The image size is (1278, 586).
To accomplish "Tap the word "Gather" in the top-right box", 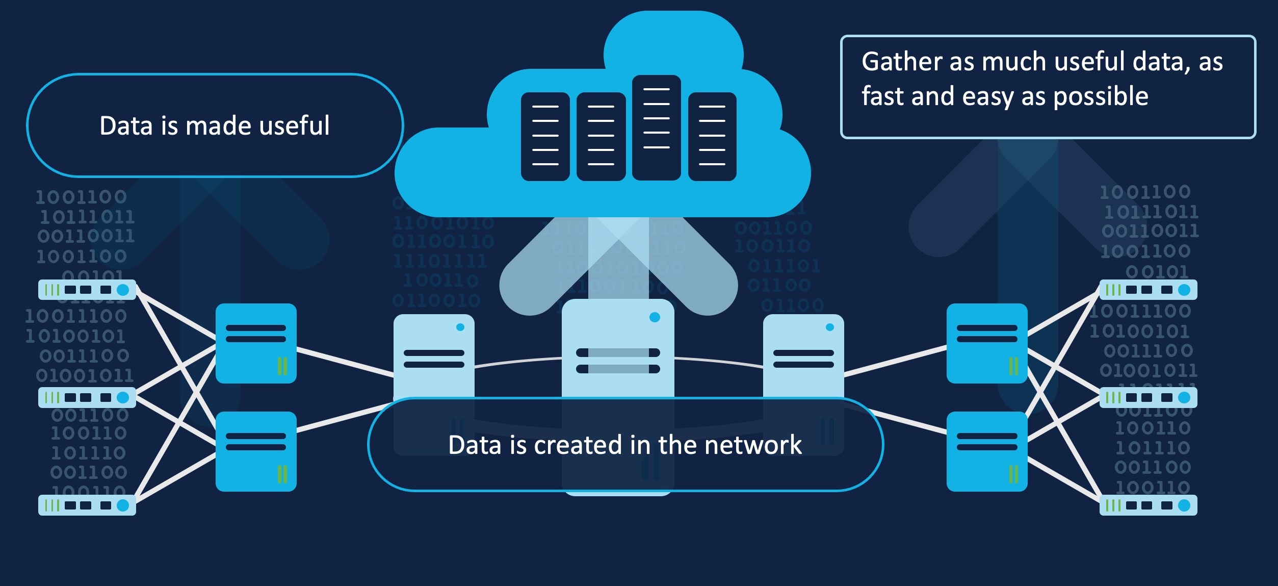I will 902,62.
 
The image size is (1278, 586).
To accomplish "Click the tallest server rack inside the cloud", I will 657,128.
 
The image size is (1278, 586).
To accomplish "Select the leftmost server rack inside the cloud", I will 545,137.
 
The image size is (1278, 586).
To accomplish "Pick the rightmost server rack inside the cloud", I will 712,137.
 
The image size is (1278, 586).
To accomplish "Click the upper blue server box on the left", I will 256,343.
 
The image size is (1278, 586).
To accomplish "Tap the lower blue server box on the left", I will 256,451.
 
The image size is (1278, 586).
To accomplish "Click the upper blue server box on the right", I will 987,343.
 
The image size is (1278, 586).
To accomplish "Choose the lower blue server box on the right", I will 987,451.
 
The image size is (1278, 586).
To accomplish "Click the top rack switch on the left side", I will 87,290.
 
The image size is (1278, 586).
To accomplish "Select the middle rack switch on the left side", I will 87,397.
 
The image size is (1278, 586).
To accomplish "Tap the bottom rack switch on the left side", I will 87,505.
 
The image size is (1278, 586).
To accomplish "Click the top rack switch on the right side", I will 1149,290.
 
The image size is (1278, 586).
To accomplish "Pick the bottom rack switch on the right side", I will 1149,505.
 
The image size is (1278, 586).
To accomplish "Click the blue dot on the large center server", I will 655,317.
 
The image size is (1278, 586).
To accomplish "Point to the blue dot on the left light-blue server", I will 460,327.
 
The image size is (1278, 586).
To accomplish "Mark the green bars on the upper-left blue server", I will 282,366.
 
